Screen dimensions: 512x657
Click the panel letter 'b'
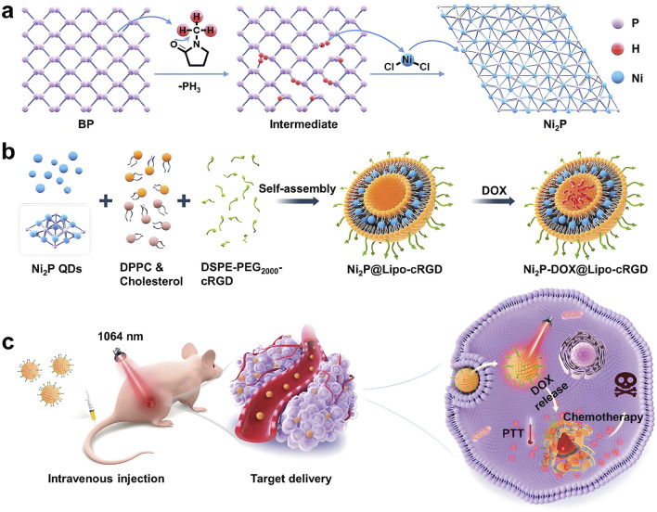coord(10,171)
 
